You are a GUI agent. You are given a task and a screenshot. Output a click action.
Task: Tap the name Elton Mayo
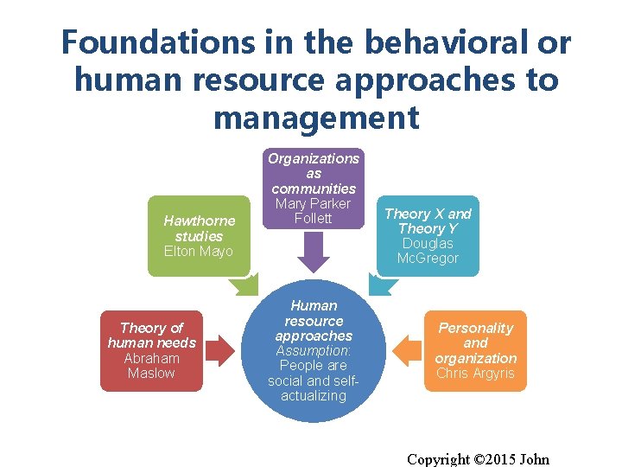click(198, 252)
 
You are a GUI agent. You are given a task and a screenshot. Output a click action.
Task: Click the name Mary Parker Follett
click(313, 211)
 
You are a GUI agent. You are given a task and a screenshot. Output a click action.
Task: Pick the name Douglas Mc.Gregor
click(428, 251)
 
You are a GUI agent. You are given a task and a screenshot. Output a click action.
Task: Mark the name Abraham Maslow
click(151, 366)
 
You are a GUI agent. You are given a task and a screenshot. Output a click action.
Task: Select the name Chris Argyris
click(475, 374)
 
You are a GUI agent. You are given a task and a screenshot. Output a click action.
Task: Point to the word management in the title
click(315, 117)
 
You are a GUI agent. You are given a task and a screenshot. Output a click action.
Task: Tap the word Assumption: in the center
click(313, 351)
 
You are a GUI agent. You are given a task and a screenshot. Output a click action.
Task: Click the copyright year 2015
click(491, 459)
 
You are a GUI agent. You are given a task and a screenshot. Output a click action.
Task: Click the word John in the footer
click(532, 459)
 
